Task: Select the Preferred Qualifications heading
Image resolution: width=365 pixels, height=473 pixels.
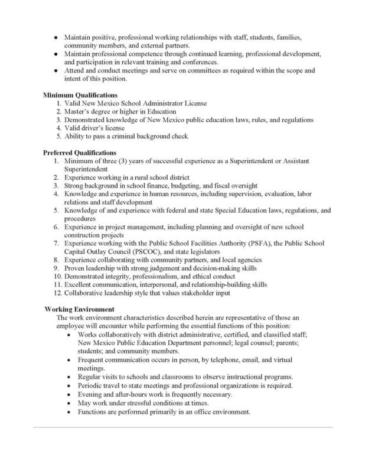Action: click(80, 153)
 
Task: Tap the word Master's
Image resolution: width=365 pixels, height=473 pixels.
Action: click(81, 111)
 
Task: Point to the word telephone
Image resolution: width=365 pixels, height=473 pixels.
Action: click(224, 359)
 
